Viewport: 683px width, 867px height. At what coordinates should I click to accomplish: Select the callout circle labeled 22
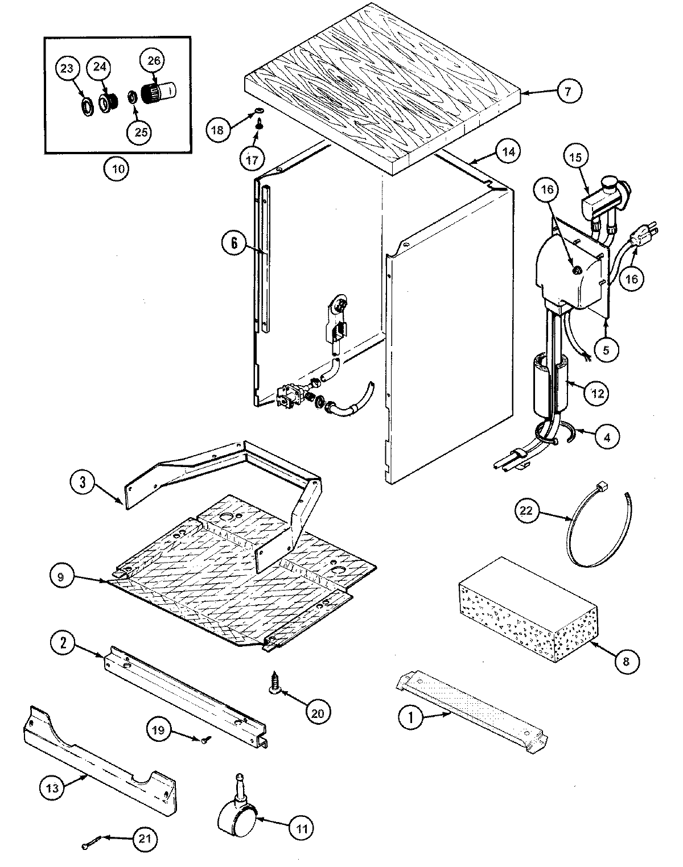pos(526,510)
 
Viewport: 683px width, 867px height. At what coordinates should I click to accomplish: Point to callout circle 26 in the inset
pos(155,61)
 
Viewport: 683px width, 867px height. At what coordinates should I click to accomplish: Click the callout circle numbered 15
pos(576,158)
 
